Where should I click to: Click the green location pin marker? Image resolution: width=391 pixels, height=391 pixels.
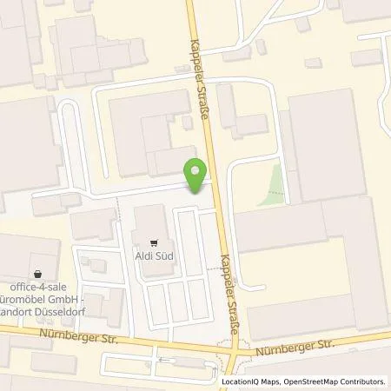click(x=196, y=176)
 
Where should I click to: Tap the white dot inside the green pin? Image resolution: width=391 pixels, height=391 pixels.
click(x=196, y=170)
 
